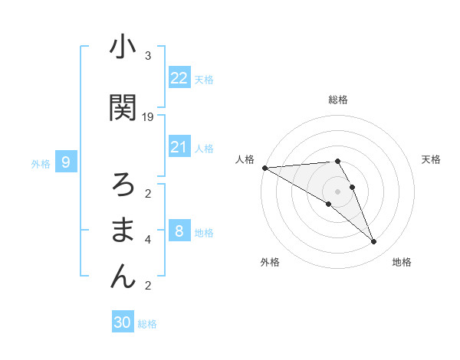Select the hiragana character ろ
(x=123, y=185)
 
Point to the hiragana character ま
(x=123, y=230)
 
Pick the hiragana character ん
(x=123, y=276)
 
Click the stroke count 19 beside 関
(x=148, y=116)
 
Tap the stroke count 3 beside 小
(x=148, y=56)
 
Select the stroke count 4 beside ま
(x=148, y=240)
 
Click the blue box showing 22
(x=179, y=77)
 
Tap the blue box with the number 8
(x=179, y=231)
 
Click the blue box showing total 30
(x=123, y=322)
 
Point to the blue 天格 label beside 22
(x=204, y=79)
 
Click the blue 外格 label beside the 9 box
(x=41, y=163)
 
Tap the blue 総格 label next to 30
(x=147, y=324)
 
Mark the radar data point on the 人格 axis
(x=264, y=168)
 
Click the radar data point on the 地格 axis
(x=374, y=242)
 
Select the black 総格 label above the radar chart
(x=338, y=100)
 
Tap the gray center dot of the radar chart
(x=338, y=191)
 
